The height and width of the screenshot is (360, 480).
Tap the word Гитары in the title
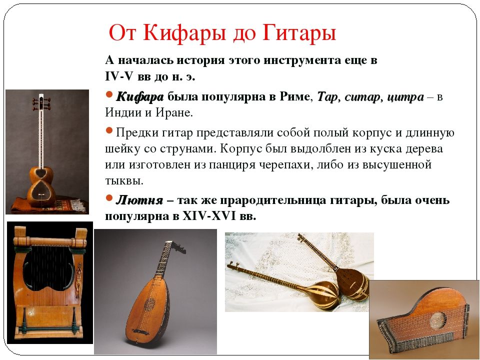[x=299, y=32]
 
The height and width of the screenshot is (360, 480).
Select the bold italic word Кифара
[x=140, y=97]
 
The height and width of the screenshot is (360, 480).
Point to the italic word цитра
[x=405, y=97]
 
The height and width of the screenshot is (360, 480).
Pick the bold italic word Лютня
[x=139, y=200]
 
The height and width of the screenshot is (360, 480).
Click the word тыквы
[x=124, y=181]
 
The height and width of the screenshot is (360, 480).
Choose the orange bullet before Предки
[x=109, y=130]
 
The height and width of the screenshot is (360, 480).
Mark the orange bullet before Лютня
[x=109, y=198]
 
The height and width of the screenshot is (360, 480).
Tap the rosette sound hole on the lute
[x=149, y=304]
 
